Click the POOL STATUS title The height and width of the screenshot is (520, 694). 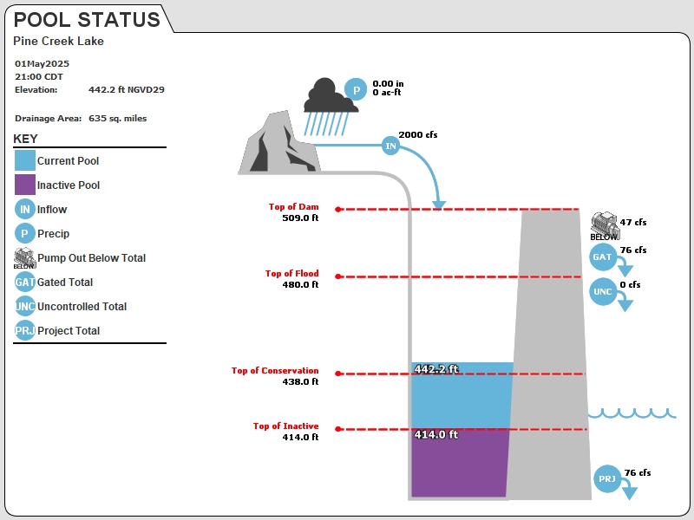(x=88, y=20)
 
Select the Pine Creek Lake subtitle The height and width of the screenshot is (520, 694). (x=58, y=41)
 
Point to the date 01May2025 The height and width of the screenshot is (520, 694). (x=42, y=63)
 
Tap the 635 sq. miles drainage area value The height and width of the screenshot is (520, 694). (x=118, y=119)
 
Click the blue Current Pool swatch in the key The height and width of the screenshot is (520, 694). (x=25, y=160)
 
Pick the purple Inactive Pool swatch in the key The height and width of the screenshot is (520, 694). (x=25, y=185)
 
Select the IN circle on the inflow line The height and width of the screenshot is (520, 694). (x=390, y=146)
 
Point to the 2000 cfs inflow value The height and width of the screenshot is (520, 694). (x=418, y=135)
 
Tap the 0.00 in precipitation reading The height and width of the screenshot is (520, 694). (x=388, y=83)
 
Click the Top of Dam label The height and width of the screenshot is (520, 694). (x=293, y=206)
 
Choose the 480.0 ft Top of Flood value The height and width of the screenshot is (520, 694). (x=300, y=284)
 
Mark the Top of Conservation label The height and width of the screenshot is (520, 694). (x=275, y=371)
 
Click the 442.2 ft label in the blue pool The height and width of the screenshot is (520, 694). (x=436, y=369)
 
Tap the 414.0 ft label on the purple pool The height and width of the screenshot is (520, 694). (x=436, y=434)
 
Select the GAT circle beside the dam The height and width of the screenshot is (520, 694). (x=602, y=257)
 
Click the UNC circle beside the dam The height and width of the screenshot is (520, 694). (x=602, y=291)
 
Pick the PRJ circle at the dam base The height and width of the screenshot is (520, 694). (x=606, y=478)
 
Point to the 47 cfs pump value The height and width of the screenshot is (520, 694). (x=633, y=223)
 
